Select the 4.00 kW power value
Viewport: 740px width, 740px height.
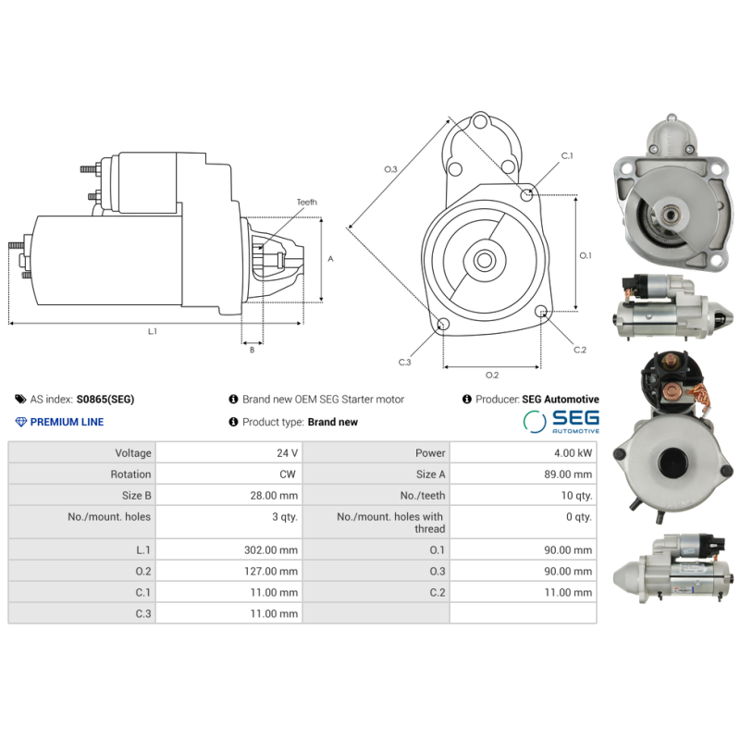(x=573, y=453)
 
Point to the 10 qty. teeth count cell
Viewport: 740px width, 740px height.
(x=573, y=496)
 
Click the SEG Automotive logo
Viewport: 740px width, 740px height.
(x=561, y=422)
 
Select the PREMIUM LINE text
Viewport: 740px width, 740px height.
(x=67, y=422)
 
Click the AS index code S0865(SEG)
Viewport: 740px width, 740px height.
(x=105, y=400)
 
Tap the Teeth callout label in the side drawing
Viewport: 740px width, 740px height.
(x=306, y=202)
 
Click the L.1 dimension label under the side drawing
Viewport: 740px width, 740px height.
(x=152, y=331)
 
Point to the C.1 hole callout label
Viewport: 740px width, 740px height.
(x=567, y=156)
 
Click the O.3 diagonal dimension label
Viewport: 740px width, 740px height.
(x=390, y=169)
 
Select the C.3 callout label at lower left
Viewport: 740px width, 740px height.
(x=404, y=362)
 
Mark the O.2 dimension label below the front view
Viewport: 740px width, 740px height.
(x=491, y=375)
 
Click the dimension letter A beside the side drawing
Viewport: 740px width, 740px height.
(x=330, y=259)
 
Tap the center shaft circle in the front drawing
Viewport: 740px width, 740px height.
(x=484, y=260)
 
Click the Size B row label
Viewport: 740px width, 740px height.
(x=135, y=496)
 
